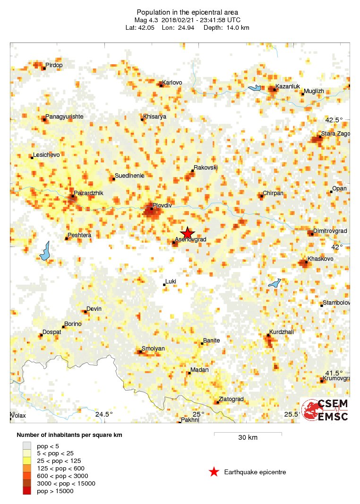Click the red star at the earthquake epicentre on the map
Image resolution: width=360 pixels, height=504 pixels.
click(x=188, y=233)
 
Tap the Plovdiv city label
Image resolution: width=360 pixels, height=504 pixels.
click(x=162, y=205)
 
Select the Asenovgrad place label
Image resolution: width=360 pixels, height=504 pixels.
click(x=191, y=240)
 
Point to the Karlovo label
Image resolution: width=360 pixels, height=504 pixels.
click(x=172, y=83)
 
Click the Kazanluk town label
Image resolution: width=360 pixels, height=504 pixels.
click(x=288, y=86)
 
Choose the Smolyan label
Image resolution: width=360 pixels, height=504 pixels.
click(x=154, y=349)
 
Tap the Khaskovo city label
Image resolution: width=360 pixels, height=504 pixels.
click(x=320, y=259)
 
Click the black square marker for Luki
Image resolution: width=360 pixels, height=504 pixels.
click(x=164, y=284)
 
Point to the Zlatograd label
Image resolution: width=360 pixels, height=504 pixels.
click(x=231, y=399)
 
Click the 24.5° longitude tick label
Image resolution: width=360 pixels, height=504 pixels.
click(x=104, y=415)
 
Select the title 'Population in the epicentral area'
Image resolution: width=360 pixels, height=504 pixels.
click(x=187, y=12)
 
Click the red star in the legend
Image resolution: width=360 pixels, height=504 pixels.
click(x=214, y=472)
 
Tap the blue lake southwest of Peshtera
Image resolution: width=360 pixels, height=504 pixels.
click(x=45, y=252)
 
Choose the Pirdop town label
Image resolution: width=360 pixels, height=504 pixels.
click(x=54, y=65)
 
